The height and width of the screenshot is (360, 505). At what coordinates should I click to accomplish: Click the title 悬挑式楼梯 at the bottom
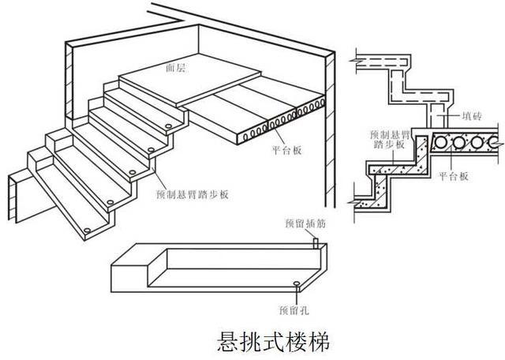coord(271,342)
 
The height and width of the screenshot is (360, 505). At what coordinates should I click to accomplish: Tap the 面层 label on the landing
coord(177,69)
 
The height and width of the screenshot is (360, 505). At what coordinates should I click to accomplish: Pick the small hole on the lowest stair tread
coord(85,228)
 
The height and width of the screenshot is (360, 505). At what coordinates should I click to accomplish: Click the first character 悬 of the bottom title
coord(227,342)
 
